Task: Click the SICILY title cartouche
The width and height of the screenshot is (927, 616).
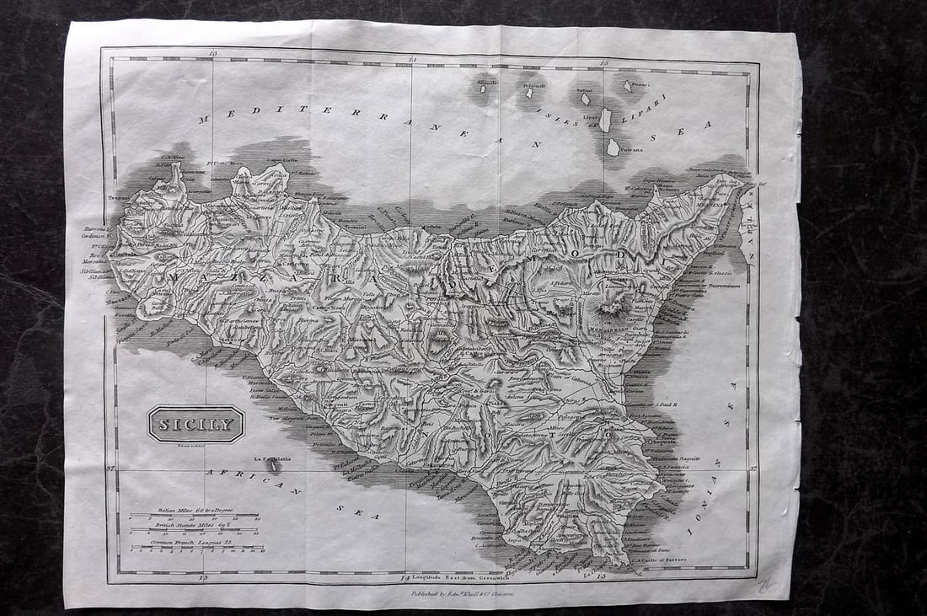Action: [x=196, y=424]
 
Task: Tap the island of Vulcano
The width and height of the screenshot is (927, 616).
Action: [x=614, y=147]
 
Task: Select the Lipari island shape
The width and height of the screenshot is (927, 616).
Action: [x=605, y=120]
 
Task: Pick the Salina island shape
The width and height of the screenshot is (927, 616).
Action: [x=586, y=99]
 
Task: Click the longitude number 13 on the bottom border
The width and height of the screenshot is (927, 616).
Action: [x=202, y=578]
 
